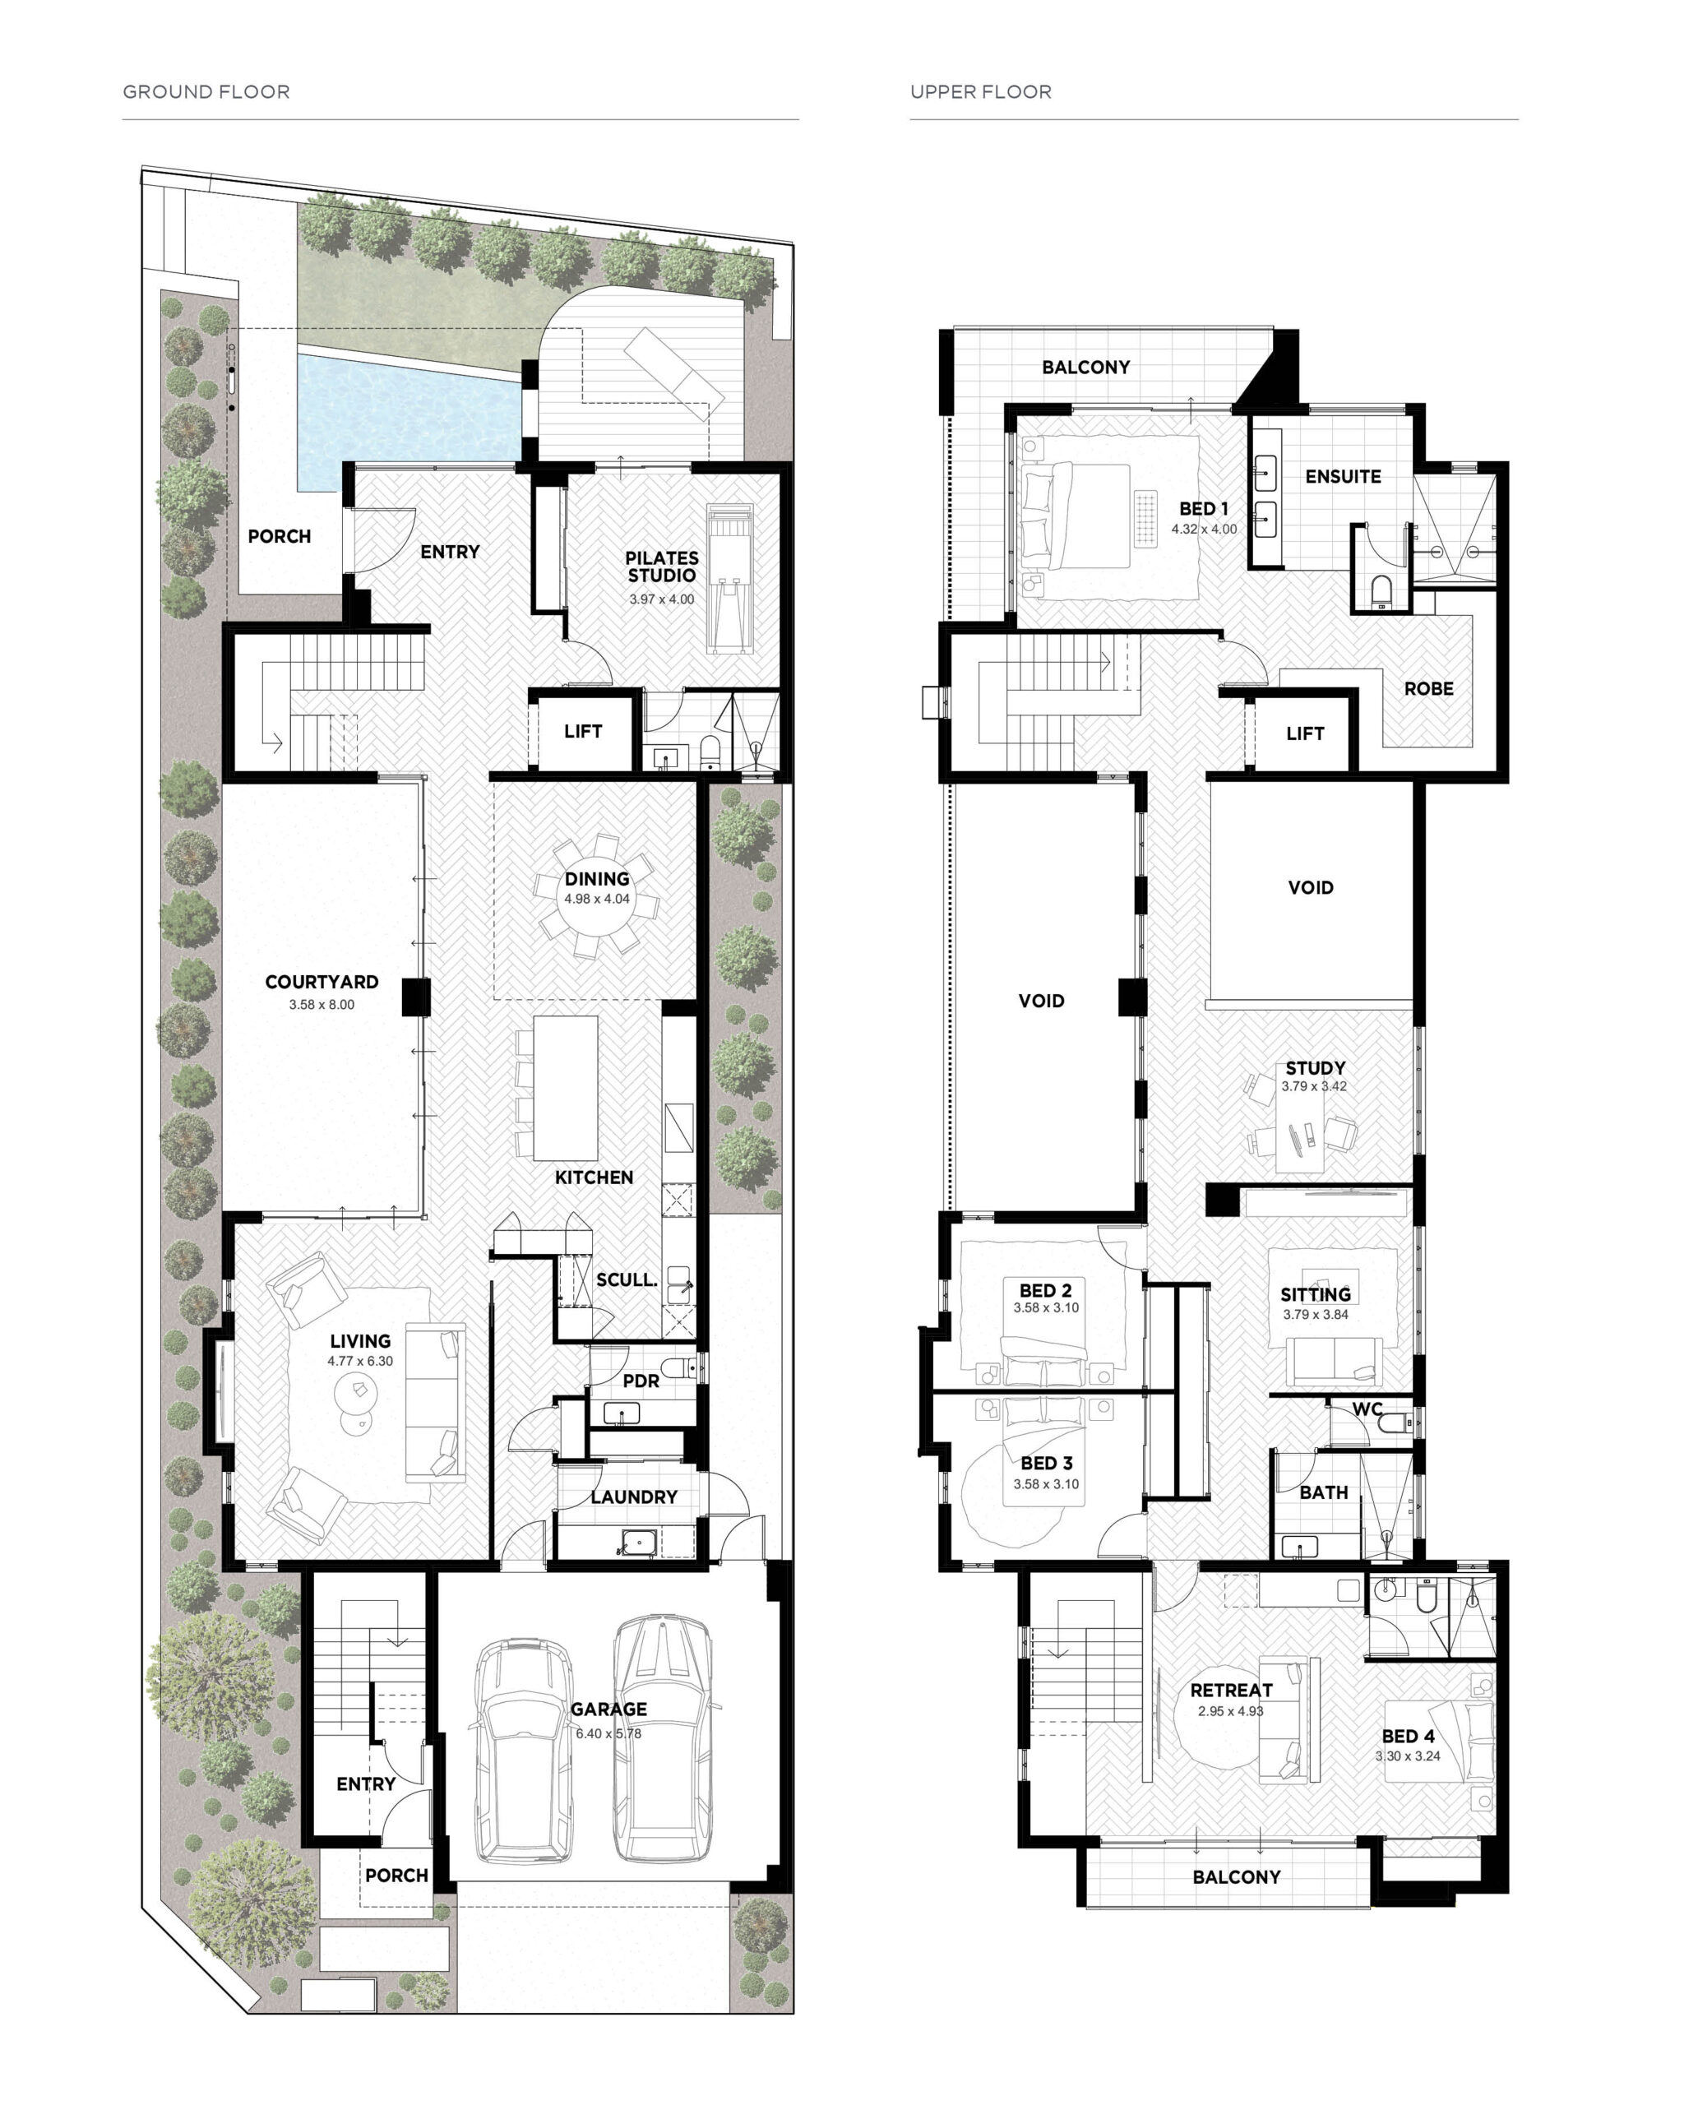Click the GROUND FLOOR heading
(206, 92)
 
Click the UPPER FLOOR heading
(981, 92)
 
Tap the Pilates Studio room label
(662, 567)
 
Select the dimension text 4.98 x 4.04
(597, 899)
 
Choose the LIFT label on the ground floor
(583, 731)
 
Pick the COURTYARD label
(322, 981)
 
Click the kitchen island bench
(566, 1087)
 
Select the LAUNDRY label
(634, 1497)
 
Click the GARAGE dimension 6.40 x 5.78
(608, 1733)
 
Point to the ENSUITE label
(1343, 476)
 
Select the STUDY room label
(1316, 1067)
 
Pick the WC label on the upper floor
(1367, 1409)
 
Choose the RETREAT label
(1232, 1689)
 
